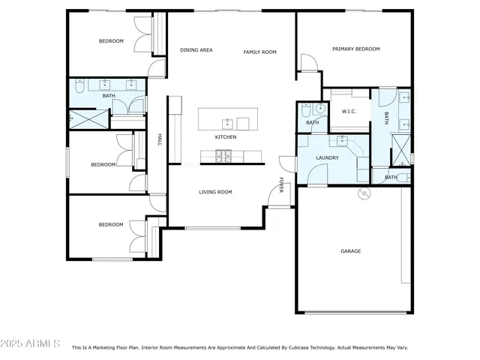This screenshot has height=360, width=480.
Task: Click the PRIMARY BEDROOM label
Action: click(356, 49)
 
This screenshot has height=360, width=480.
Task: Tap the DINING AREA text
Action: click(196, 50)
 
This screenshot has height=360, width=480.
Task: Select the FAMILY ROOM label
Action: click(260, 52)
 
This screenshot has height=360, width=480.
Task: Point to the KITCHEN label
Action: click(226, 137)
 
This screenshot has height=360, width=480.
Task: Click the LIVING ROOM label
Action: click(215, 192)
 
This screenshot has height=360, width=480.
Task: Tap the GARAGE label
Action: click(351, 251)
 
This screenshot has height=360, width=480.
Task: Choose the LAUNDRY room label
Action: click(327, 158)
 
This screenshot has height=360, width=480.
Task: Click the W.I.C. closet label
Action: click(349, 112)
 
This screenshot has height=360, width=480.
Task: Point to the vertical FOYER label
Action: click(282, 184)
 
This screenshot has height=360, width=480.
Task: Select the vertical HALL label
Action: click(160, 139)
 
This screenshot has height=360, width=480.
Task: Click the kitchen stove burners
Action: click(223, 155)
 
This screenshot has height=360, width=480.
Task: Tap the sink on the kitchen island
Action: click(226, 122)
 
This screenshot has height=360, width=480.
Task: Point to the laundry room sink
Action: click(341, 140)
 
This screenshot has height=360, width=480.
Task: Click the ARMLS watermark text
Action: click(31, 343)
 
